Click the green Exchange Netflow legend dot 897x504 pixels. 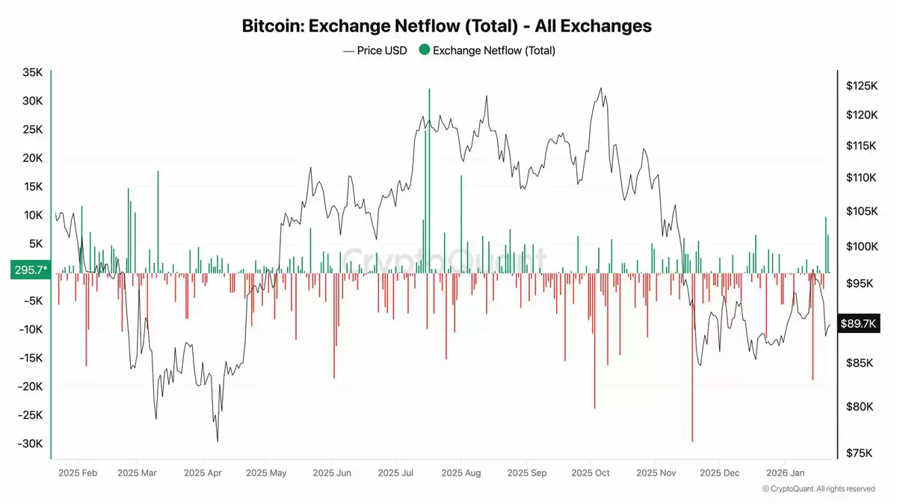[424, 51]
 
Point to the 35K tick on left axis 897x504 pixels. [32, 72]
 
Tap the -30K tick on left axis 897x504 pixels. [31, 444]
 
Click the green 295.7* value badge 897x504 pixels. [30, 270]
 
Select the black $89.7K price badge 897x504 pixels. [860, 323]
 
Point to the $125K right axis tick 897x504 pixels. [860, 86]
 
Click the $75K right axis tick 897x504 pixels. [860, 453]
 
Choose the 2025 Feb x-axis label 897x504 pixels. [78, 473]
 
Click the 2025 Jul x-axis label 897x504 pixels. [397, 473]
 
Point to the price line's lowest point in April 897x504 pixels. [218, 441]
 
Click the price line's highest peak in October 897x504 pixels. [600, 88]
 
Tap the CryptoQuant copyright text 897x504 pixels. [819, 489]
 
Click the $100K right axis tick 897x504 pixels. [860, 246]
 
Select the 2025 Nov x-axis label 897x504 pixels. [657, 473]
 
